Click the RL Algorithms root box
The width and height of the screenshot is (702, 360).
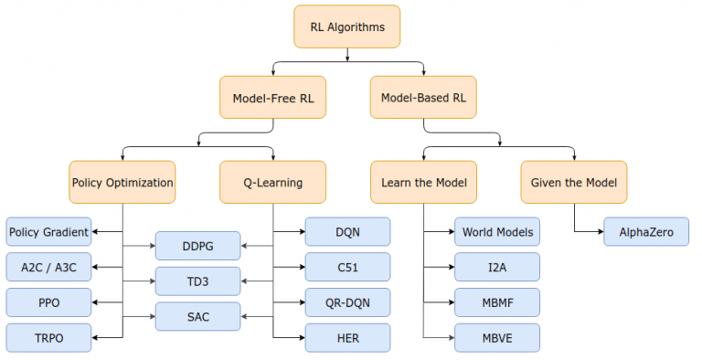tap(347, 27)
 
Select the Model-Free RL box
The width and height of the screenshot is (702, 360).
tap(273, 98)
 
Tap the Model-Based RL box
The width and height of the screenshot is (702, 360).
tap(424, 98)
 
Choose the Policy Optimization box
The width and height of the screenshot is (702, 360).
tap(122, 182)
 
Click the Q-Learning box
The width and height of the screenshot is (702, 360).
tap(273, 182)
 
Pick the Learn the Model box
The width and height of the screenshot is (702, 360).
tap(424, 182)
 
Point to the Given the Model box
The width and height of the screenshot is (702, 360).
tap(574, 182)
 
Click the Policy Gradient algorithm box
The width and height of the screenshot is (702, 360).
tap(49, 232)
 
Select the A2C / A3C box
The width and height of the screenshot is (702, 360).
tap(49, 267)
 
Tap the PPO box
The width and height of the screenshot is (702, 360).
tap(49, 302)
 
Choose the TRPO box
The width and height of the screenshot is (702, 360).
tap(49, 337)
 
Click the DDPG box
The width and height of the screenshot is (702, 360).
tap(197, 246)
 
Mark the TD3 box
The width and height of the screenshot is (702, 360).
tap(197, 281)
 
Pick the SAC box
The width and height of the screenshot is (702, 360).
tap(197, 316)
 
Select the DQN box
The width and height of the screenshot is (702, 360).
tap(347, 232)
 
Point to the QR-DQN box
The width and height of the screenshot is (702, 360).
tap(347, 302)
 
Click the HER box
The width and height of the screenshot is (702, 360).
tap(347, 337)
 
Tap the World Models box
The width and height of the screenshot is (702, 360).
tap(497, 232)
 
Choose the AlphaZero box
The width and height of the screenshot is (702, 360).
tap(646, 232)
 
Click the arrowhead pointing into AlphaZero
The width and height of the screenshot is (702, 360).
tap(600, 232)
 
